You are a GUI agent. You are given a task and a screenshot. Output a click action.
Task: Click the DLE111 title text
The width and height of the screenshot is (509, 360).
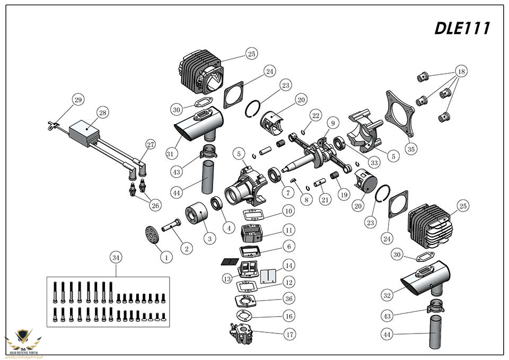coord(461,28)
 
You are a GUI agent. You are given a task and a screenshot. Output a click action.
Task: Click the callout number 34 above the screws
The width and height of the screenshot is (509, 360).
coord(116,258)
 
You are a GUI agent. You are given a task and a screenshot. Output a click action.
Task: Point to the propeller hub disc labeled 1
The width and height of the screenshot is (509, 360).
coord(152,236)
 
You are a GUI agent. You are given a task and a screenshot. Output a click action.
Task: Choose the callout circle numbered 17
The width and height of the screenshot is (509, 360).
coord(288,335)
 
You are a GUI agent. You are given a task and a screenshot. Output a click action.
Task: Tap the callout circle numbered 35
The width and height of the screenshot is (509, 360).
coord(410,150)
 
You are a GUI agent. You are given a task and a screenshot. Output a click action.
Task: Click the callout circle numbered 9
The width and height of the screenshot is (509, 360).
coord(332,123)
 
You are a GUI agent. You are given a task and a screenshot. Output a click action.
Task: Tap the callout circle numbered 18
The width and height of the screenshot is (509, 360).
coord(461,72)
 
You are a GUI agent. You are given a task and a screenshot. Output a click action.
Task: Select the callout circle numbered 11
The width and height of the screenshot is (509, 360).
coord(288,231)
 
